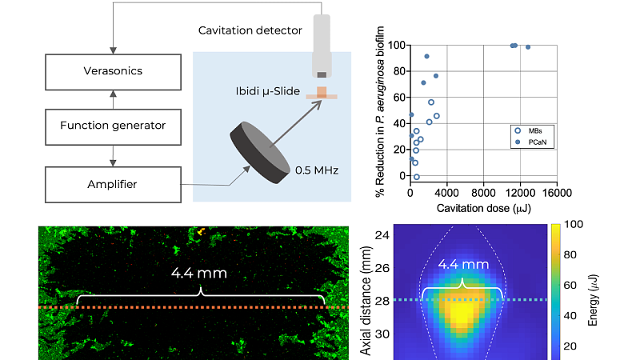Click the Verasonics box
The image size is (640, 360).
113,71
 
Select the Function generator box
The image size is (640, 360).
113,126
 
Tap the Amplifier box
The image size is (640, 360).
113,185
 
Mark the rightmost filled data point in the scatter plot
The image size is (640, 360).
528,47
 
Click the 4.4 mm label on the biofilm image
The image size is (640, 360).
199,273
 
